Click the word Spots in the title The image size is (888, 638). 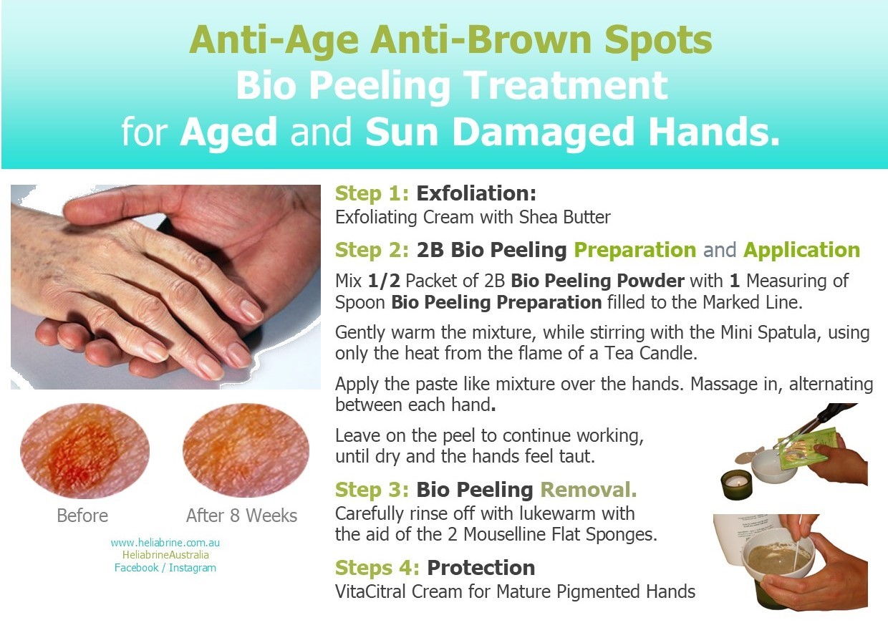tap(658, 41)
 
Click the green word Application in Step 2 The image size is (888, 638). tap(801, 251)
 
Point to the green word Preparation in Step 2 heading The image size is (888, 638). tap(635, 251)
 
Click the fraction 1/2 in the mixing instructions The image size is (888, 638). tap(384, 281)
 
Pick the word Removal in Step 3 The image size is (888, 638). tap(589, 490)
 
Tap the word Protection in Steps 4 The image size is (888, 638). tap(481, 567)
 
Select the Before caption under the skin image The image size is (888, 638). tap(82, 516)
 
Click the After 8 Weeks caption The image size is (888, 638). tap(242, 516)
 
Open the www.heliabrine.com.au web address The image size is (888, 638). tap(165, 543)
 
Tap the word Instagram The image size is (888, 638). tap(192, 568)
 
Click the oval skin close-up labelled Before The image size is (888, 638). tap(85, 451)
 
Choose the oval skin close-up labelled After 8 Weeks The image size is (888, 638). tap(246, 450)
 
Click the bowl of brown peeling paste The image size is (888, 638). tap(778, 559)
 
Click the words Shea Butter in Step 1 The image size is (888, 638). tap(564, 217)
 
